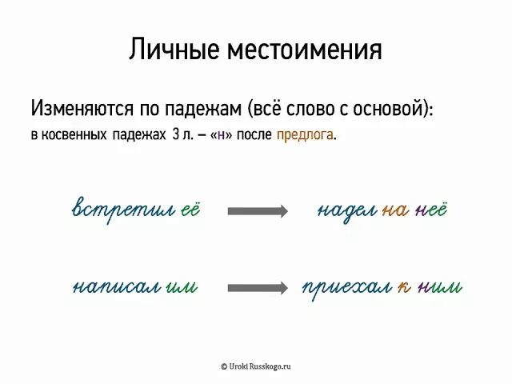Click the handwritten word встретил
[124, 210]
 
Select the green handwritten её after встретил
[189, 210]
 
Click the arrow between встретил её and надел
[258, 211]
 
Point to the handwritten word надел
[346, 211]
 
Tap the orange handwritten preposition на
[394, 211]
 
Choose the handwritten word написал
[116, 286]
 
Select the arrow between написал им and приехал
[258, 286]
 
